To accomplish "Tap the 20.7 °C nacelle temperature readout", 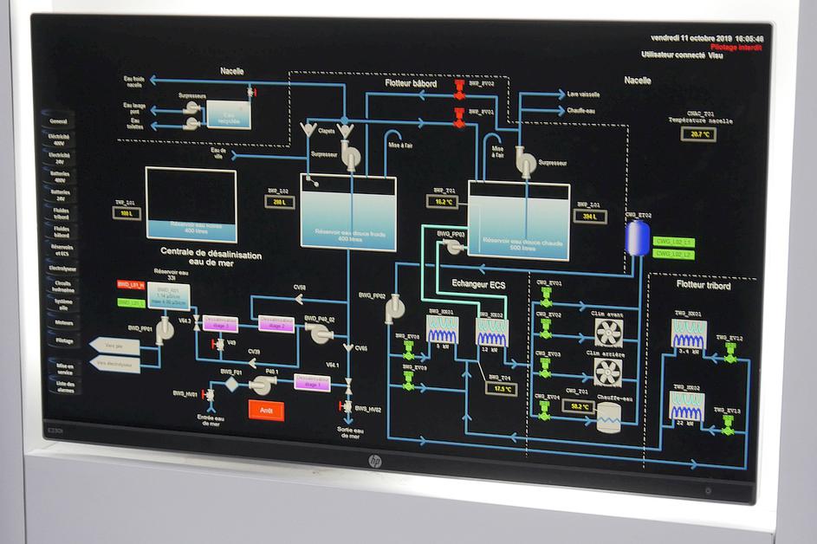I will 698,134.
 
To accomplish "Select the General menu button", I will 60,121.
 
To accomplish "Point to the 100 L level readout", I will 127,212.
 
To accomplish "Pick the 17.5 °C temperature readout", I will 503,389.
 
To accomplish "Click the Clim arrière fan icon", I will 607,371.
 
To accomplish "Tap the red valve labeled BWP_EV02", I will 459,87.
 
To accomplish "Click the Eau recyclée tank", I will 228,114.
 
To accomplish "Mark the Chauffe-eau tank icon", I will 608,419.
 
